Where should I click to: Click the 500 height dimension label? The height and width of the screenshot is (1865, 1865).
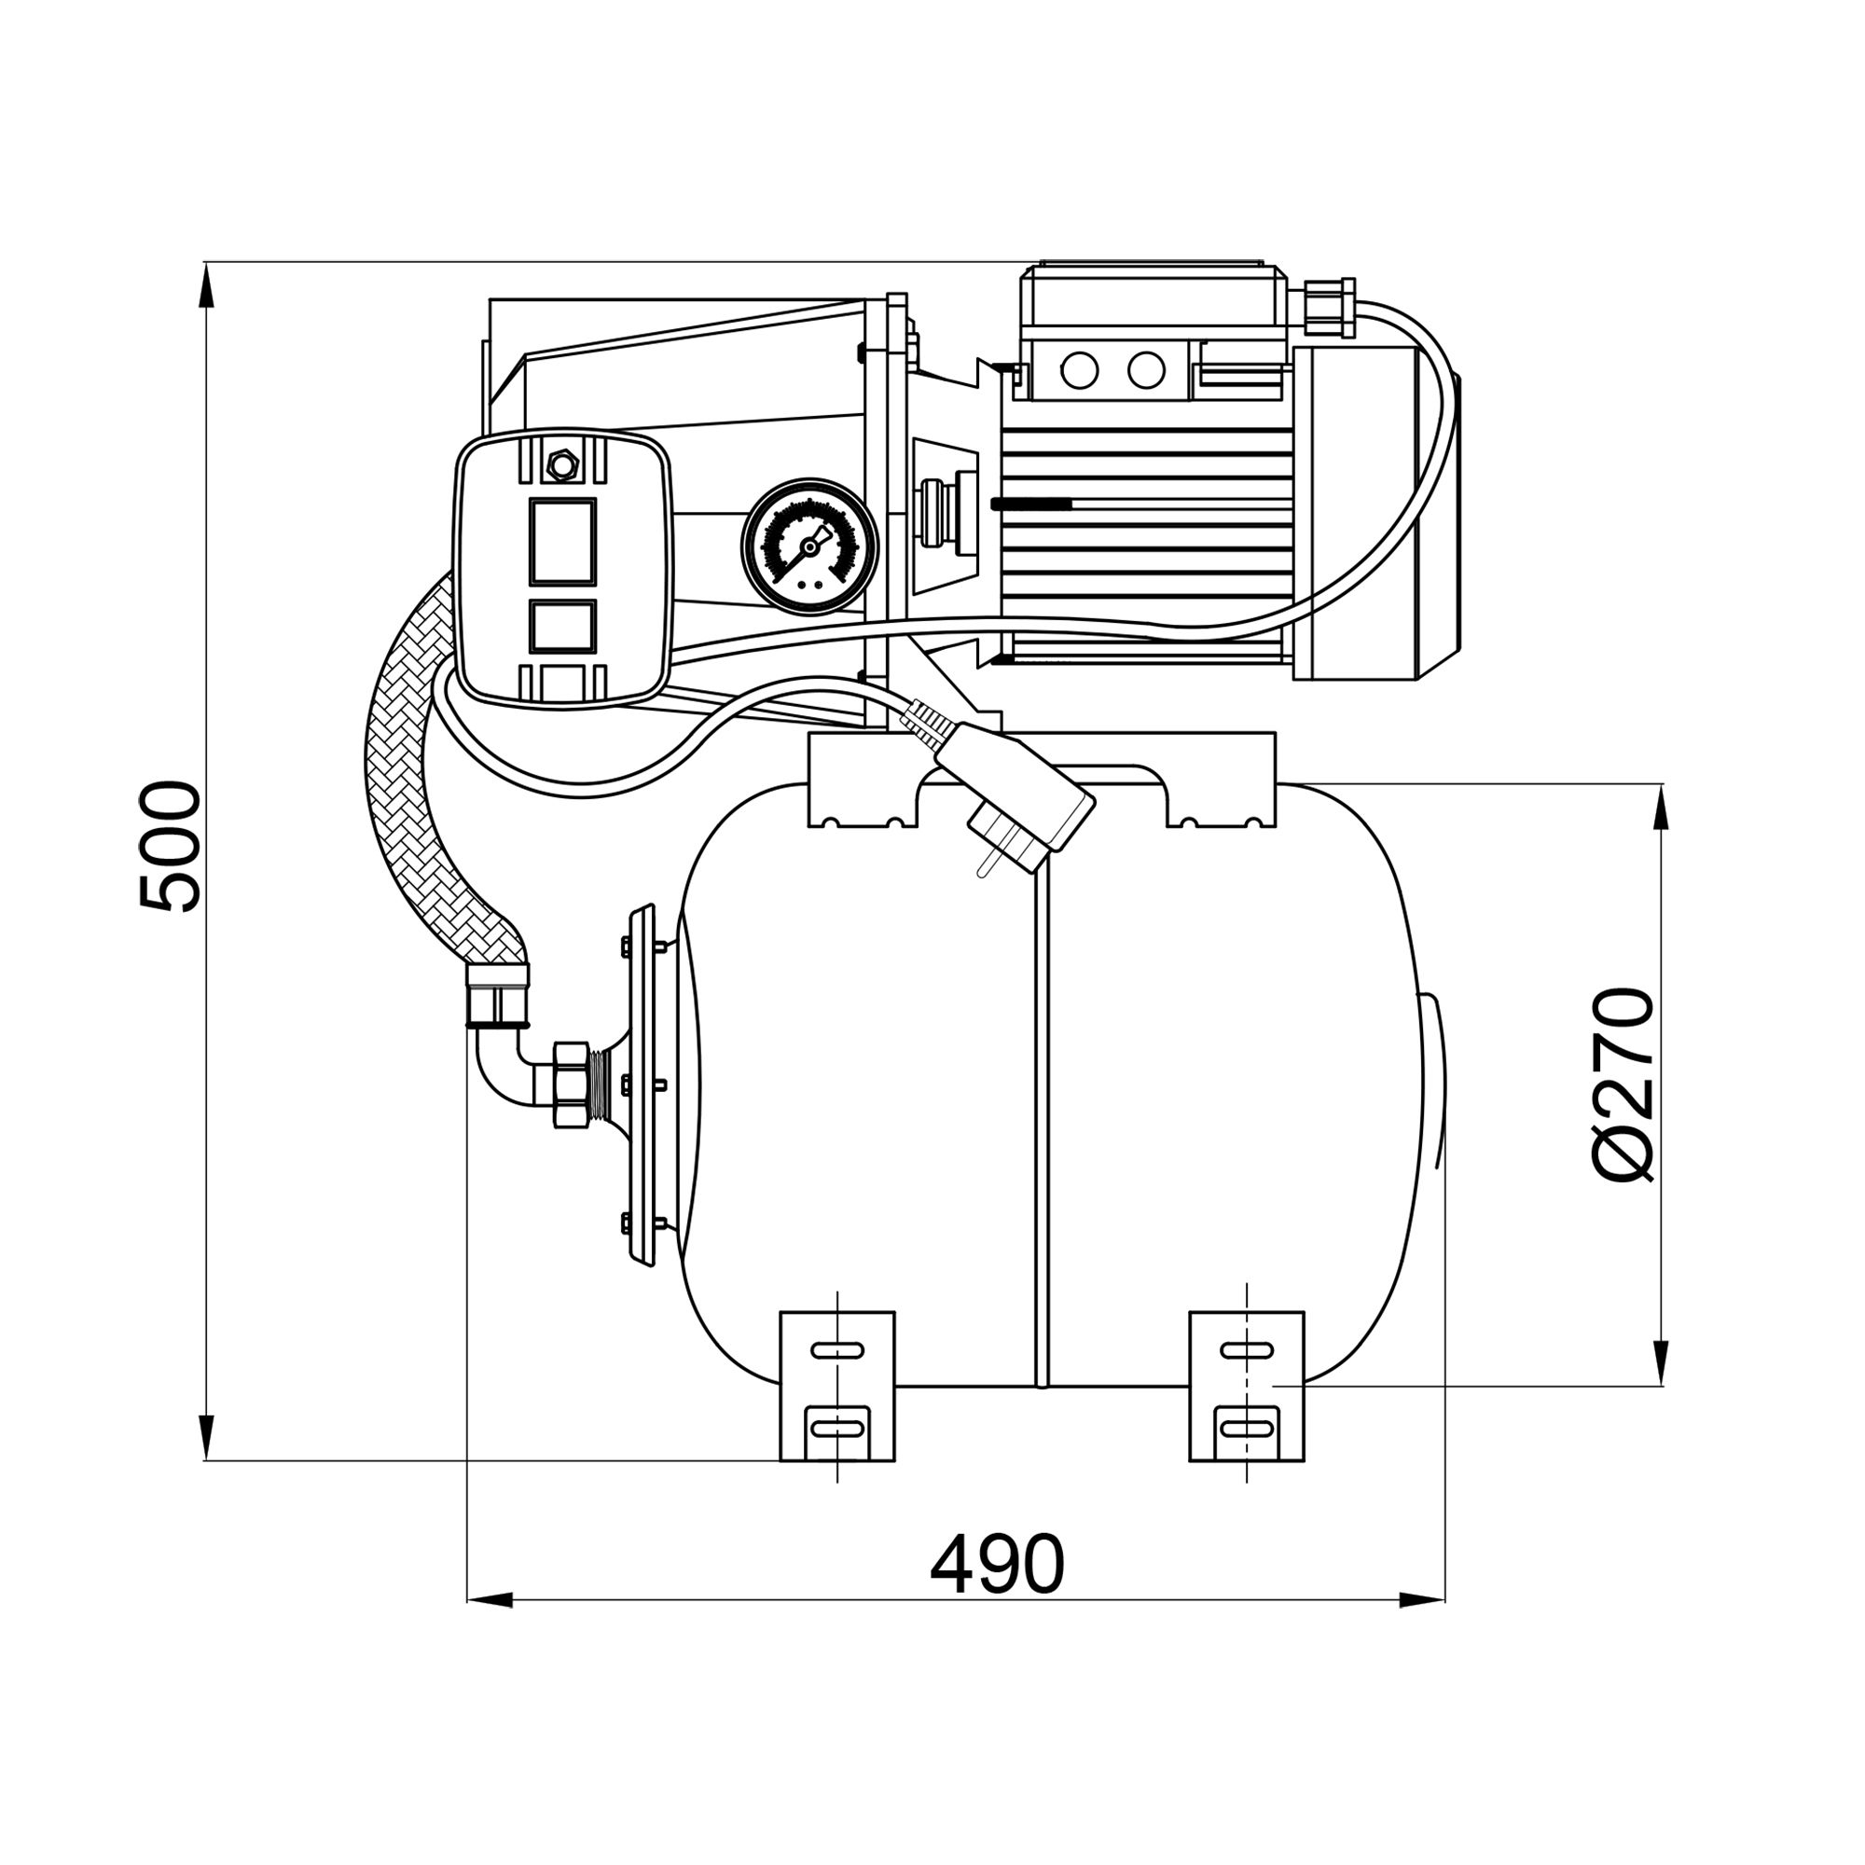coord(170,847)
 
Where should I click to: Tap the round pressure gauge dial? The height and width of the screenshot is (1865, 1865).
coord(808,546)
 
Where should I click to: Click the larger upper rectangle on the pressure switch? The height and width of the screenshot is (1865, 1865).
coord(561,542)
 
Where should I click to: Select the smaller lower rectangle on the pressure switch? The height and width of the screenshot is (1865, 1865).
coord(561,625)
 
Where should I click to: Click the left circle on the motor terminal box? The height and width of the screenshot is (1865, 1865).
coord(1079,369)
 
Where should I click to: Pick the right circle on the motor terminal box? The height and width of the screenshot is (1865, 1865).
coord(1146,369)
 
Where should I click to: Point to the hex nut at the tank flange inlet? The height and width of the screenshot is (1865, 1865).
coord(572,1085)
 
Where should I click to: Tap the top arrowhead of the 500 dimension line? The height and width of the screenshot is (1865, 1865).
coord(204,285)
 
